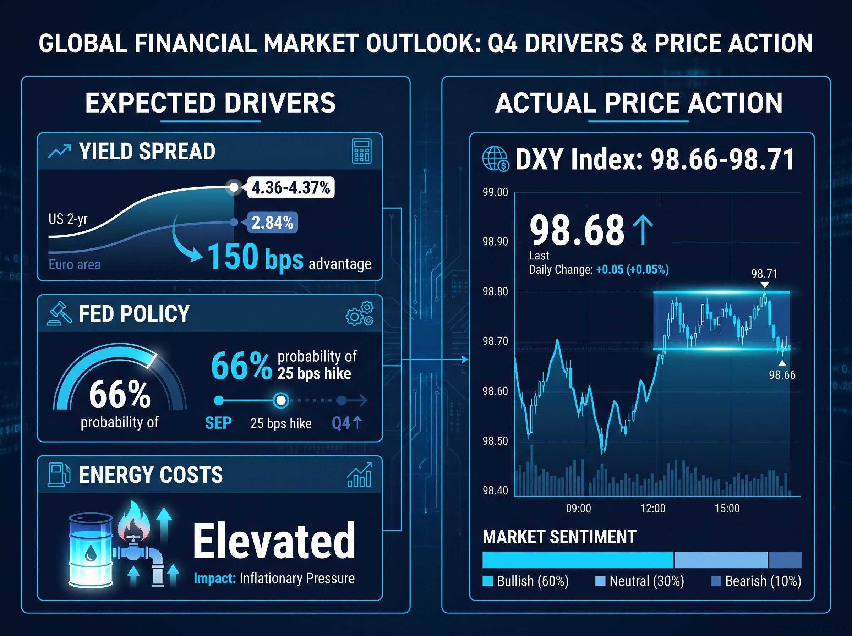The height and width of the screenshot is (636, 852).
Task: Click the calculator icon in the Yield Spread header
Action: [361, 151]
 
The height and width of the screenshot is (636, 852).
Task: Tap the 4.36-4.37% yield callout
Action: [291, 187]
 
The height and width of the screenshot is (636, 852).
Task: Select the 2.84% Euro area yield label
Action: [272, 223]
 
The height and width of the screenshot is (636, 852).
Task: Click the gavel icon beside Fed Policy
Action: [60, 313]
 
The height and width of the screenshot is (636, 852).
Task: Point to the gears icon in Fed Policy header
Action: [360, 313]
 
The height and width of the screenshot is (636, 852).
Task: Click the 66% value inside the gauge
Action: [120, 394]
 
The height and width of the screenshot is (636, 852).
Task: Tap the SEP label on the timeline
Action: [218, 423]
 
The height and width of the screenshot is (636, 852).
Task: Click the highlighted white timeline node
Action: [281, 400]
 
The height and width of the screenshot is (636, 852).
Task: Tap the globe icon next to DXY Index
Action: [496, 159]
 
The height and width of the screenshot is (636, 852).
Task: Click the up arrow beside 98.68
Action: [643, 230]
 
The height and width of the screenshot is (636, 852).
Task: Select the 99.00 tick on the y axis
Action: [496, 192]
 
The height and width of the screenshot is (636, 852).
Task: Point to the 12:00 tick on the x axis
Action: [653, 508]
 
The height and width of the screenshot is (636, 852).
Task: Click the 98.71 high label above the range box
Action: [765, 274]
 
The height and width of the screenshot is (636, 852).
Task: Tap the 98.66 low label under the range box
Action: [782, 374]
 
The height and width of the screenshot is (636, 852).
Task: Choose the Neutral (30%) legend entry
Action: [640, 581]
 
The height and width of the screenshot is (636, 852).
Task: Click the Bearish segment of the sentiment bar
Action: [785, 560]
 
